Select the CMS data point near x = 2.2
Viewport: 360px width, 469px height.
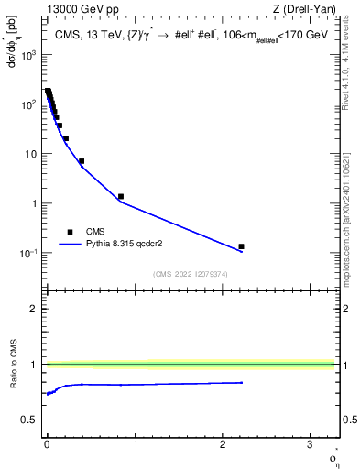click(x=241, y=246)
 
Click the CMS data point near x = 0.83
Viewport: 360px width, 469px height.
click(x=121, y=196)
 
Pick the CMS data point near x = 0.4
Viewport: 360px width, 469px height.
click(x=82, y=161)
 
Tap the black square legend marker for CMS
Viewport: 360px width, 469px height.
click(x=70, y=232)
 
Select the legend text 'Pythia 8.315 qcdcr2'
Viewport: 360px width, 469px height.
click(x=127, y=245)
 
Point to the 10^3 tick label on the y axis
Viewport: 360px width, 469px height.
click(x=27, y=55)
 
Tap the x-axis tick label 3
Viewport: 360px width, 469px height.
click(x=311, y=444)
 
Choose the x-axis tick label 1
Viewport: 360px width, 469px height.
click(x=135, y=444)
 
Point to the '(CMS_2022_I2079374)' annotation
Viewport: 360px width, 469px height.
click(x=191, y=274)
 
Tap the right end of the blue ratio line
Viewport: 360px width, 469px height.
click(x=242, y=382)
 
